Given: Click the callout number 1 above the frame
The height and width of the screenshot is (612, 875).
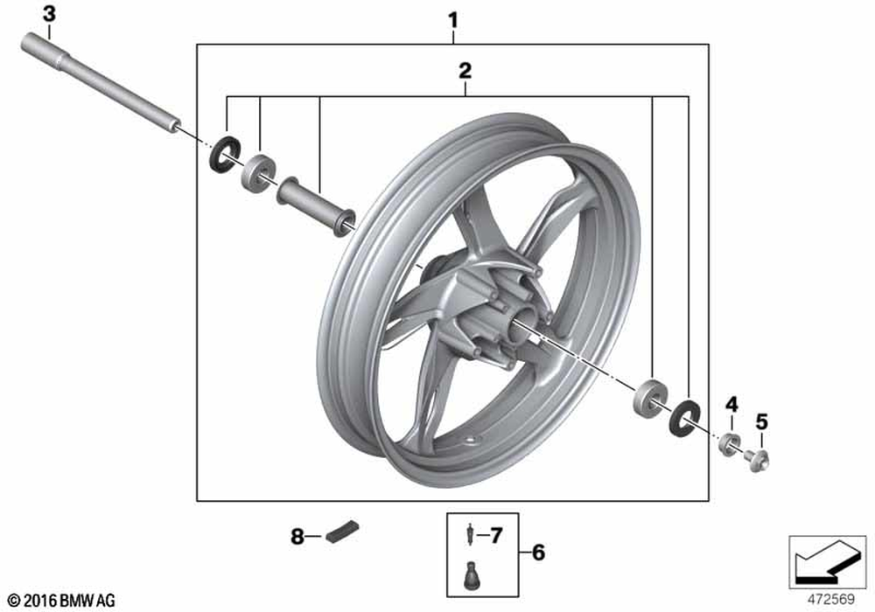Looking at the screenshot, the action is [x=452, y=17].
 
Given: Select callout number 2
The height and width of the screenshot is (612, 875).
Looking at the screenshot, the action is [x=465, y=69].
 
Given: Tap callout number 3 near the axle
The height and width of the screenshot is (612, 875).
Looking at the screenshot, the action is [x=48, y=14].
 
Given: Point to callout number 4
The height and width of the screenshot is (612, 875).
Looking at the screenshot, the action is [x=731, y=404].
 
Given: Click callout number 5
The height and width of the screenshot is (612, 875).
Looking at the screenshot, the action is [x=761, y=421].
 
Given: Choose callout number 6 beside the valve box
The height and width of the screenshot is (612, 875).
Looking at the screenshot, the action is [x=538, y=553].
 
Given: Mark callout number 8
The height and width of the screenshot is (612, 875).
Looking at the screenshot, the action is [x=297, y=536].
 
